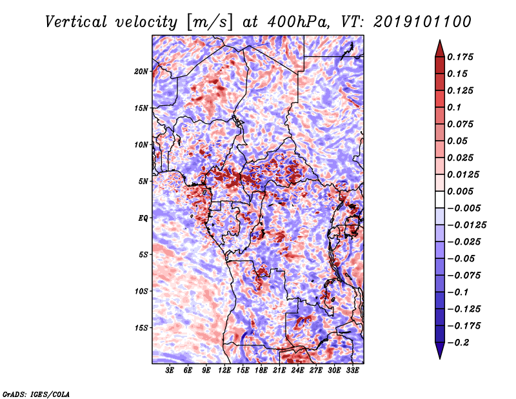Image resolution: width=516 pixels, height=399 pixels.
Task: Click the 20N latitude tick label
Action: (141, 71)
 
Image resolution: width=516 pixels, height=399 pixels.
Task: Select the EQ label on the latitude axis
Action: (143, 218)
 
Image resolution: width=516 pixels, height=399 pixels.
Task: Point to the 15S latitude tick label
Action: (141, 328)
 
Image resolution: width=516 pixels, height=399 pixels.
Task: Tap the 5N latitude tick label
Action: (143, 181)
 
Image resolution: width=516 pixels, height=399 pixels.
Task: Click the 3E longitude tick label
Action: (170, 371)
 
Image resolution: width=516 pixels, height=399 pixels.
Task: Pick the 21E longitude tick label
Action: (279, 371)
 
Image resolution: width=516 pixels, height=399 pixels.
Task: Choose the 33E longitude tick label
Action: (352, 371)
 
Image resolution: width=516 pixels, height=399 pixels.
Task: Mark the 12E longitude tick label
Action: (224, 371)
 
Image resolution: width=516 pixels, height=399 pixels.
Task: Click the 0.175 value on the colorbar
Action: (461, 57)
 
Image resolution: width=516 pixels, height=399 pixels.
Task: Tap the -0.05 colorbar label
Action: (462, 258)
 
